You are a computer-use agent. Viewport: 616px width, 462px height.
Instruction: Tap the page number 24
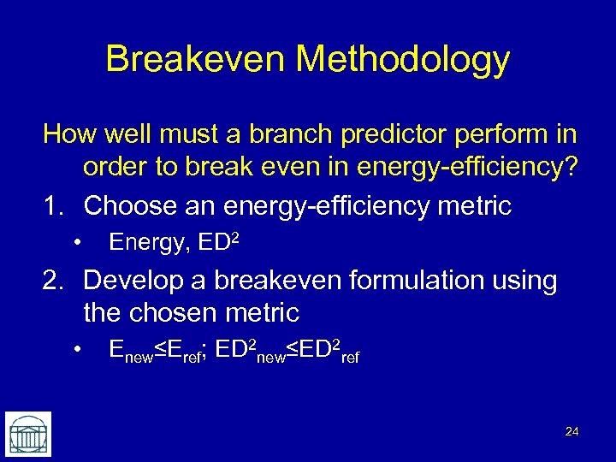pyautogui.click(x=572, y=432)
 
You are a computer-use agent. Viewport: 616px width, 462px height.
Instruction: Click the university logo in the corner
pyautogui.click(x=28, y=434)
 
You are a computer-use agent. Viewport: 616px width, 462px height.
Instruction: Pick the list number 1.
pyautogui.click(x=52, y=205)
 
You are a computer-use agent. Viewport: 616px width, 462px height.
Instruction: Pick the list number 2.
pyautogui.click(x=52, y=280)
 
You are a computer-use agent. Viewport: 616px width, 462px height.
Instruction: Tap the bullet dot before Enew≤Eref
pyautogui.click(x=77, y=349)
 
